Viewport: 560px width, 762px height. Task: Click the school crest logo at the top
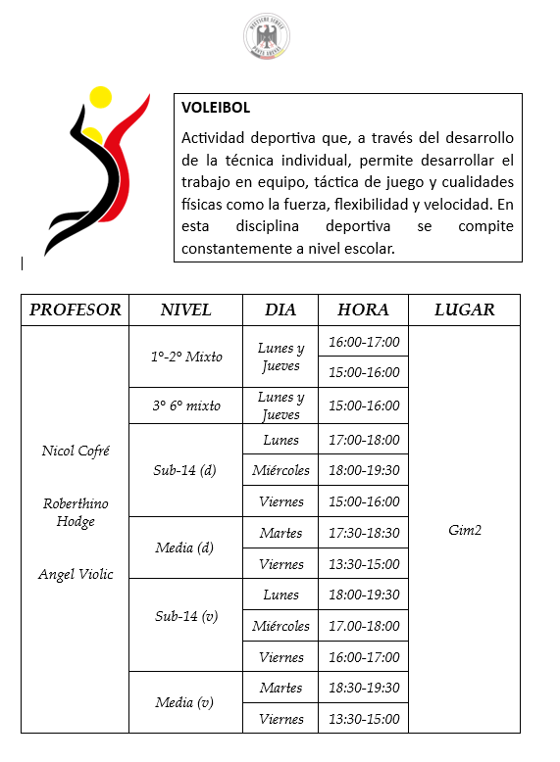266,36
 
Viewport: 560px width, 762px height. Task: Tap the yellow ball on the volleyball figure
100,97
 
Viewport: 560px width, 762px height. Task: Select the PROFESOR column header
76,310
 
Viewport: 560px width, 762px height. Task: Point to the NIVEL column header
186,310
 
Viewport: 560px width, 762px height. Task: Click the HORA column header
363,310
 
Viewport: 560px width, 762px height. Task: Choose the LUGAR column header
464,310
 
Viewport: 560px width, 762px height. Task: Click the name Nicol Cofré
76,451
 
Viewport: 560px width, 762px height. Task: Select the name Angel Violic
76,574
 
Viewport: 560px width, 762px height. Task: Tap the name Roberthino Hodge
76,512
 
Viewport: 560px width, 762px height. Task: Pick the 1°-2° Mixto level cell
186,357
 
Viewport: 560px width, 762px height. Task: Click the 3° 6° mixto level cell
186,405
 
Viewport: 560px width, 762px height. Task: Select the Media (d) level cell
184,548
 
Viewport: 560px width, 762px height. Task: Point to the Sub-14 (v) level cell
186,625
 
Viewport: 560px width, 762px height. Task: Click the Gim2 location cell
464,530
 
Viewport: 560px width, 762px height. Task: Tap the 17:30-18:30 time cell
363,533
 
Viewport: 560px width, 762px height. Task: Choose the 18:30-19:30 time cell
363,688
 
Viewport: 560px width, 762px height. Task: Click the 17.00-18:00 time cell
363,626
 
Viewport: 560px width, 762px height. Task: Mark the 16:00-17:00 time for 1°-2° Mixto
363,341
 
